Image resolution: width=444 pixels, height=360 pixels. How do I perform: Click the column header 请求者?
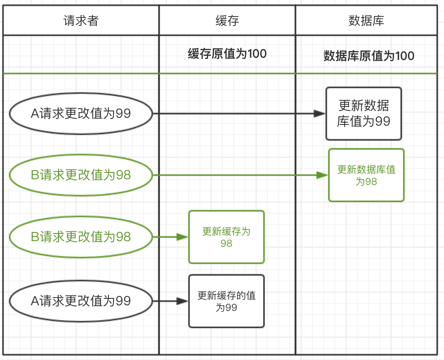pos(81,21)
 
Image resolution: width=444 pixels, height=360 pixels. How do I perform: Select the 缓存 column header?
pos(227,21)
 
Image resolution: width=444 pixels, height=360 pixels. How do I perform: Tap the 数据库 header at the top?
pos(366,21)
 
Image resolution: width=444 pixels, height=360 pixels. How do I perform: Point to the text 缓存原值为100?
pos(227,54)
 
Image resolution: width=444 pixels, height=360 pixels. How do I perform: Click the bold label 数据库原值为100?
pos(369,56)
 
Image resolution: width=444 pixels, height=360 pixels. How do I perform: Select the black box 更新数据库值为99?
pos(364,114)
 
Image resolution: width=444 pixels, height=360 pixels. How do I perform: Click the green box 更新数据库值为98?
pos(366,175)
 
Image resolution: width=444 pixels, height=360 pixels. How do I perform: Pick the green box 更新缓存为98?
pos(226,237)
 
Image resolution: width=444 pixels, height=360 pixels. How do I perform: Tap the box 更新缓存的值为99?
pos(226,301)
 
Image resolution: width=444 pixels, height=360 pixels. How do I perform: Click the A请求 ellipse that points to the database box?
pos(81,114)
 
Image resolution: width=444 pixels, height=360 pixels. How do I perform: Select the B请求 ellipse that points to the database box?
pos(81,175)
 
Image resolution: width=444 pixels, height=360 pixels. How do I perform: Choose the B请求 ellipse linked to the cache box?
pos(81,237)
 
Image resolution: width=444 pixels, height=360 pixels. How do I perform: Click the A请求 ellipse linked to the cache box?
pos(81,301)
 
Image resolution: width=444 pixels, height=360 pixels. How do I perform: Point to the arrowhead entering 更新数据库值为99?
pos(320,114)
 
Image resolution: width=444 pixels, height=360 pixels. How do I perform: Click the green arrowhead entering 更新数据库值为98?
pos(322,175)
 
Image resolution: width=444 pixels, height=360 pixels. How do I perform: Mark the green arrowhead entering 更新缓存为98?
pos(182,237)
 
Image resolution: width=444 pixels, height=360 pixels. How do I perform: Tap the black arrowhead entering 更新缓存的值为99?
pos(182,301)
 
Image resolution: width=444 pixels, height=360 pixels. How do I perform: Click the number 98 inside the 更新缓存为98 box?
pos(226,243)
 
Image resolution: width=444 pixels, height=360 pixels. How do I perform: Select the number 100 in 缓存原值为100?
pos(257,54)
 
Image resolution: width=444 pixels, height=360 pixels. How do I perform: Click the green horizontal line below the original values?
pos(220,73)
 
